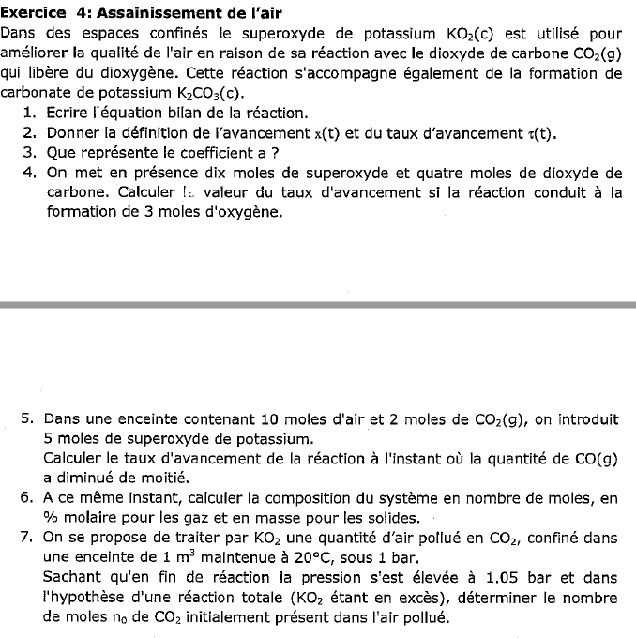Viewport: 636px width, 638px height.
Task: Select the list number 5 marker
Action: pos(27,418)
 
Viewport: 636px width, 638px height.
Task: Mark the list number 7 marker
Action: pos(27,537)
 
